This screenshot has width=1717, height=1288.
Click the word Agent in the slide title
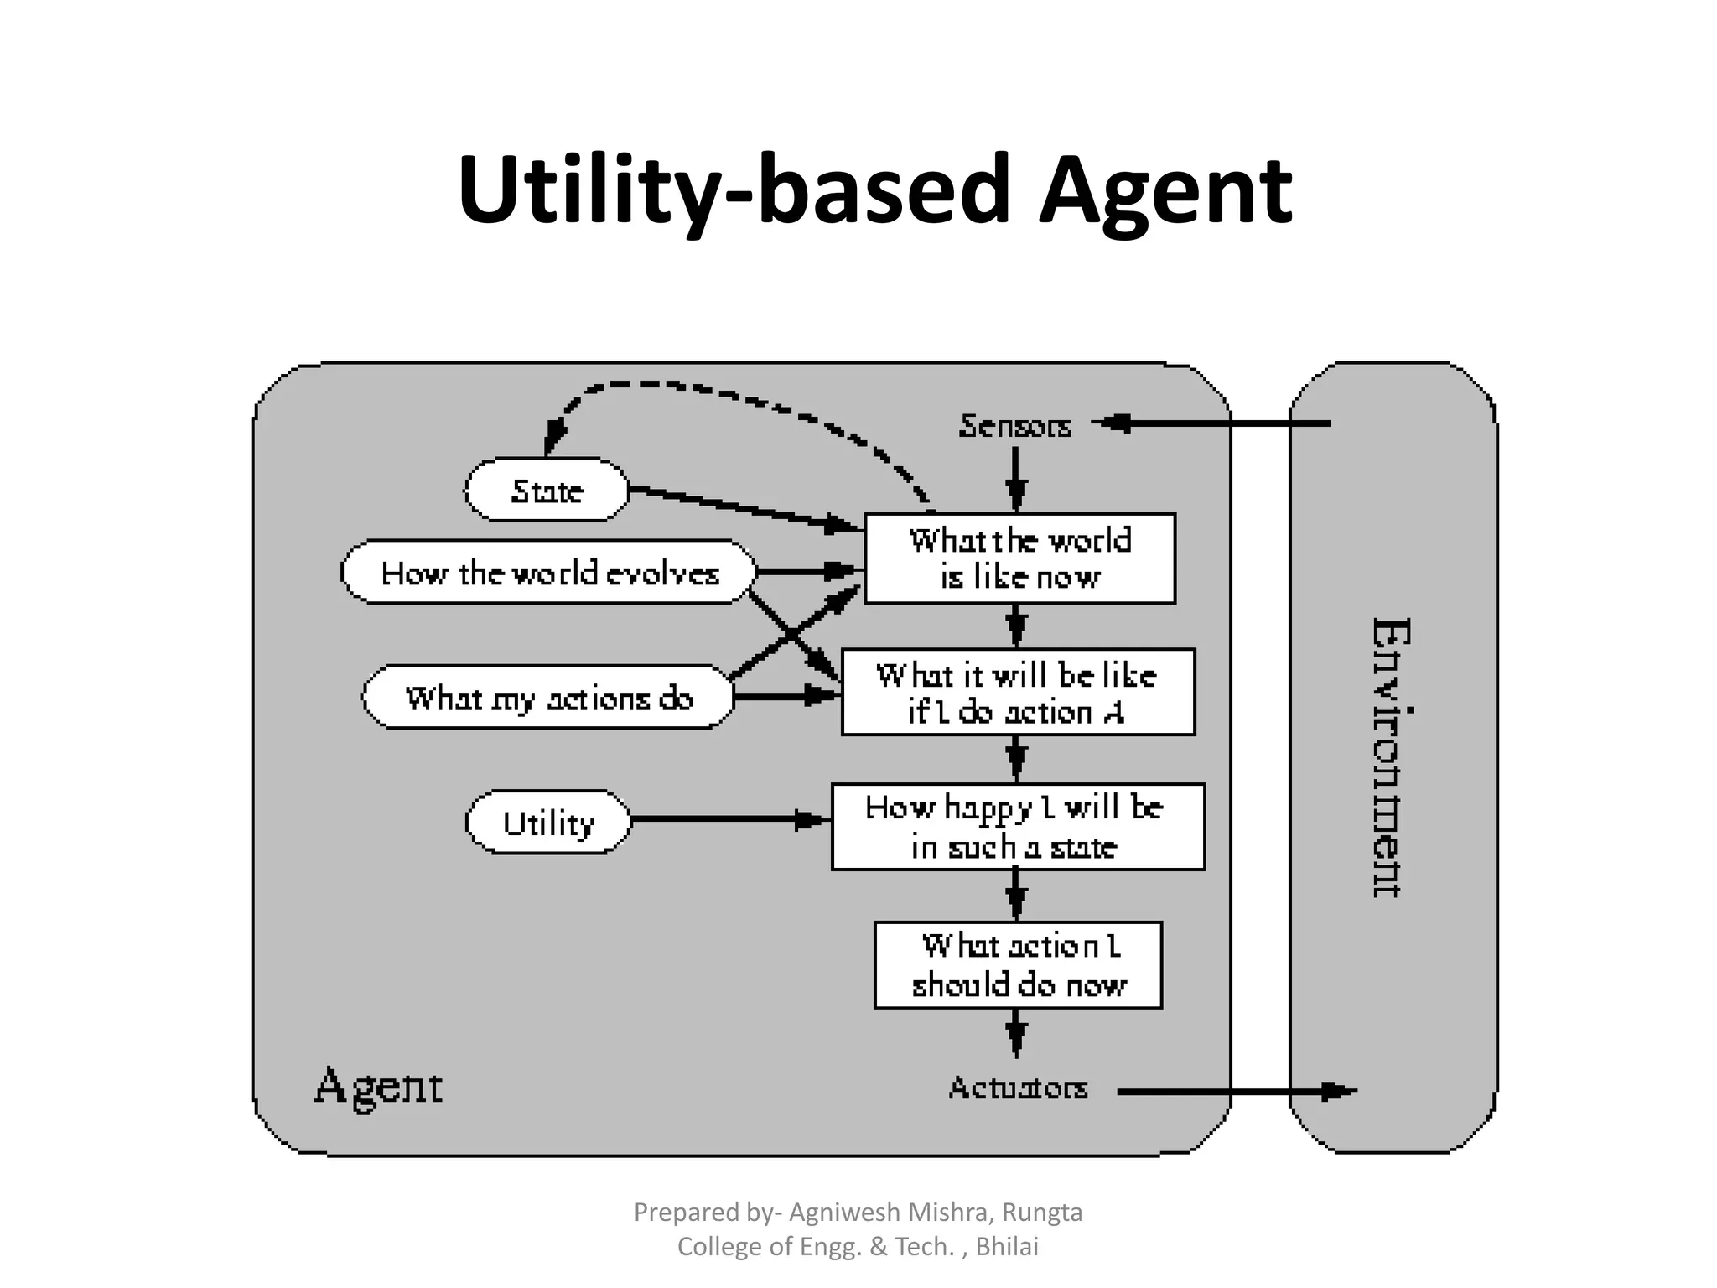[1165, 191]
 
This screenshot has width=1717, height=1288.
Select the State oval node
[547, 491]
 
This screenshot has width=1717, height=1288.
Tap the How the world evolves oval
[549, 573]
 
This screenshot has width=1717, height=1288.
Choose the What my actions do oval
[549, 698]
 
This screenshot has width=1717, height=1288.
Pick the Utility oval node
[547, 823]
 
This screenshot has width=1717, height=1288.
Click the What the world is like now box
[1019, 558]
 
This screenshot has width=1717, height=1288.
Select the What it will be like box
[1018, 693]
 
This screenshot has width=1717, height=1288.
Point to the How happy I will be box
[1018, 827]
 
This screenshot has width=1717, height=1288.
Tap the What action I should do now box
[1018, 965]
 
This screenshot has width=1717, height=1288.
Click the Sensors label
[1015, 426]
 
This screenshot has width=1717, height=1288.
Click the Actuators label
[1018, 1088]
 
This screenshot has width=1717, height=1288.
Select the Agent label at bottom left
[378, 1087]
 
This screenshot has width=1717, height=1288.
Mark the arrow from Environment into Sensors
[1216, 424]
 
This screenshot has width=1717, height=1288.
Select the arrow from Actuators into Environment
[1232, 1091]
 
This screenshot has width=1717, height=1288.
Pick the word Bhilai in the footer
[1007, 1246]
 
